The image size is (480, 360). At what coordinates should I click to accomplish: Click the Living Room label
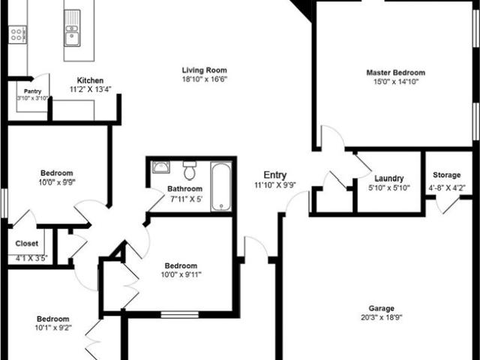pyautogui.click(x=205, y=70)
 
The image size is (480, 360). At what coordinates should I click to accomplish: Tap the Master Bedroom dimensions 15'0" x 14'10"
pyautogui.click(x=395, y=82)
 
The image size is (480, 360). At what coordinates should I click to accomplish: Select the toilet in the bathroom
pyautogui.click(x=190, y=170)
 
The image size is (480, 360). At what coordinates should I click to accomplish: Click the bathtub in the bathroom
pyautogui.click(x=221, y=187)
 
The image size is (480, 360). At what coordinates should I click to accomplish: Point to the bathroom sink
pyautogui.click(x=160, y=167)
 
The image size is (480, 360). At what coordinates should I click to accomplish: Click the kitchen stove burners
pyautogui.click(x=17, y=34)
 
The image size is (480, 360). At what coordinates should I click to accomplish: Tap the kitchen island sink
pyautogui.click(x=72, y=28)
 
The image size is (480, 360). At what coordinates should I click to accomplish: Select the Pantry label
pyautogui.click(x=32, y=91)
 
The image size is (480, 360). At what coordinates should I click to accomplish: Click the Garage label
pyautogui.click(x=381, y=308)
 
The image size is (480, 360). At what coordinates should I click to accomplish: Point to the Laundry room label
pyautogui.click(x=389, y=178)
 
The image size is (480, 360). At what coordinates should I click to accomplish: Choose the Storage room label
pyautogui.click(x=447, y=175)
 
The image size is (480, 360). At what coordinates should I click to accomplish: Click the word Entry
pyautogui.click(x=275, y=175)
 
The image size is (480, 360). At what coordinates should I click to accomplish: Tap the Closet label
pyautogui.click(x=27, y=243)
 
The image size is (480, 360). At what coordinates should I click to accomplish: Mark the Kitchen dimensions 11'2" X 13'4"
pyautogui.click(x=90, y=89)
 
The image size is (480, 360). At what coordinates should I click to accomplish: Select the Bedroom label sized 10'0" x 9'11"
pyautogui.click(x=181, y=265)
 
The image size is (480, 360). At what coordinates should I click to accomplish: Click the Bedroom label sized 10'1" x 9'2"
pyautogui.click(x=53, y=319)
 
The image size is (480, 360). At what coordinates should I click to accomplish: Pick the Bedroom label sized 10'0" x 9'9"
pyautogui.click(x=57, y=173)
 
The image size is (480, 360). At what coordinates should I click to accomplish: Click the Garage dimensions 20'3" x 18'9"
pyautogui.click(x=381, y=317)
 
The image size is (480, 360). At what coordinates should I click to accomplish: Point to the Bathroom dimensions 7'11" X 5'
pyautogui.click(x=187, y=199)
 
